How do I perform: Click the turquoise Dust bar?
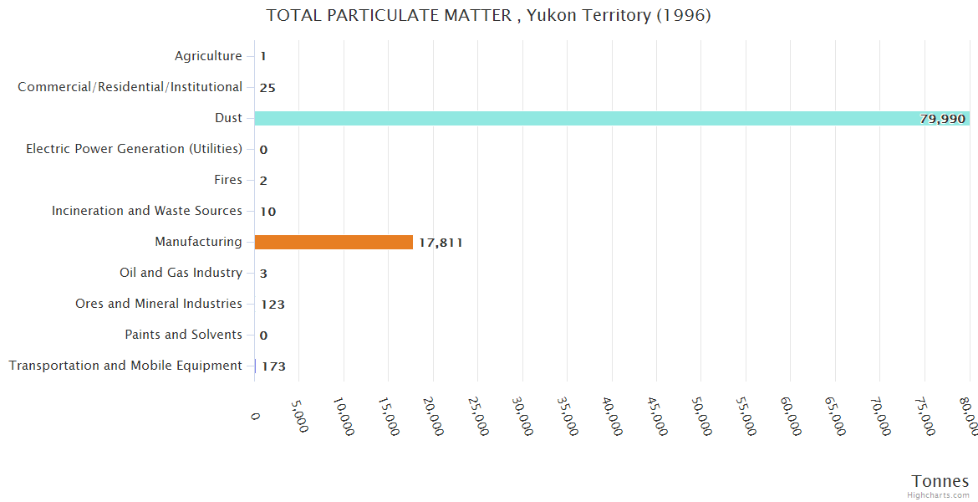[x=585, y=118]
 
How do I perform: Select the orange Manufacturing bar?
[x=334, y=242]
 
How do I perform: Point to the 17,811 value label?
[x=441, y=243]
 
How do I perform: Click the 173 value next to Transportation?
[x=273, y=366]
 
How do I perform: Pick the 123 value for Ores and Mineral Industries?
[x=273, y=305]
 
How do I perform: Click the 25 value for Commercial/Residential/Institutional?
[x=267, y=88]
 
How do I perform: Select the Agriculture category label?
[x=208, y=56]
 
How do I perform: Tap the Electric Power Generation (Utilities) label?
[x=134, y=149]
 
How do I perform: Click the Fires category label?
[x=228, y=180]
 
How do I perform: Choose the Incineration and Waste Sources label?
[x=147, y=211]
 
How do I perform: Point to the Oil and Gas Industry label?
[x=181, y=273]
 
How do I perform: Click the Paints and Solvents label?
[x=184, y=335]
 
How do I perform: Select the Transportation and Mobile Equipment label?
[x=125, y=366]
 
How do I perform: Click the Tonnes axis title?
[x=940, y=481]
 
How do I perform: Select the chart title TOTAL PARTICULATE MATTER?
[x=488, y=15]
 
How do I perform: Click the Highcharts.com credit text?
[x=938, y=495]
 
